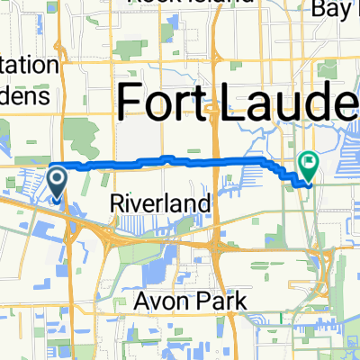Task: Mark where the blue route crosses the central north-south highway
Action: (x=216, y=160)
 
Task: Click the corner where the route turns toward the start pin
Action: (x=50, y=166)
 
